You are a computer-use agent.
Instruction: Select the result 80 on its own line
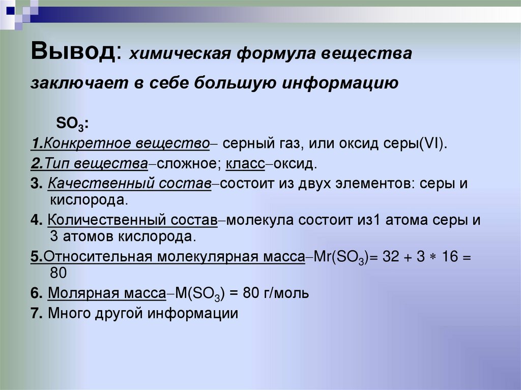click(x=59, y=273)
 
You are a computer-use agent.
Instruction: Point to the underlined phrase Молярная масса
click(x=107, y=293)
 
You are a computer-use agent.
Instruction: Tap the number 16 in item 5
click(x=450, y=257)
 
